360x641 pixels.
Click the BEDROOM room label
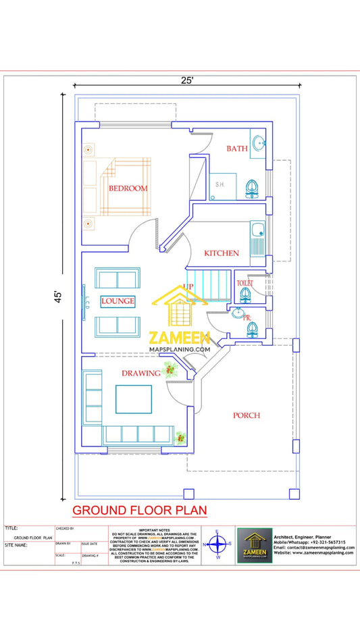tap(128, 188)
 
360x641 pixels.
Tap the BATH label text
tap(236, 149)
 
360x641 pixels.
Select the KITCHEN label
tap(222, 253)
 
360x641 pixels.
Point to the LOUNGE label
tap(118, 301)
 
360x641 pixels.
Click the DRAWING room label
tap(140, 373)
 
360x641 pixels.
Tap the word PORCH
tap(247, 415)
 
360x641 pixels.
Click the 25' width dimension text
tap(187, 80)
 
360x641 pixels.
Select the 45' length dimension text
tap(58, 297)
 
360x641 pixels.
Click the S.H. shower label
tap(220, 184)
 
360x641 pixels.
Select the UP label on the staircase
tap(188, 286)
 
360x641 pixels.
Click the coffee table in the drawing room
tap(133, 399)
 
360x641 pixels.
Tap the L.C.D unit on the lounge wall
tap(87, 300)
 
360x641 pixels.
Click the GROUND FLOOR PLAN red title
tap(139, 509)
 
